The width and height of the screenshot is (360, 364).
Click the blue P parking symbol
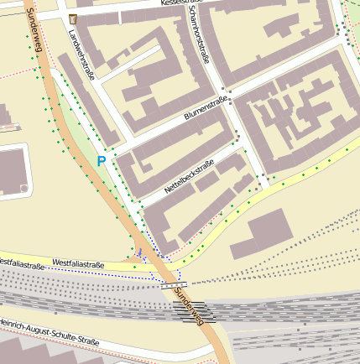tap(102, 160)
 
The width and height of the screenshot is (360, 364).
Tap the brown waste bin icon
tap(74, 18)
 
